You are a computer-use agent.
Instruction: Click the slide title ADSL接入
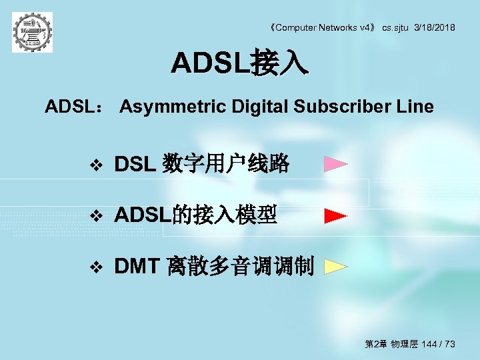[239, 64]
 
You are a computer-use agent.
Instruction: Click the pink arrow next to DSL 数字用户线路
[336, 164]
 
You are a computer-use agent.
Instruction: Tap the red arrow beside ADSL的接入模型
[336, 216]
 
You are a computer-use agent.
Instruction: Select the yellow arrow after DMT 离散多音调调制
[336, 267]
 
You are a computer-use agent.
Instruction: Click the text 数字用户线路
[226, 164]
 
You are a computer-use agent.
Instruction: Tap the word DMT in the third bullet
[136, 267]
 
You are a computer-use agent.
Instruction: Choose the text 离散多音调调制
[240, 267]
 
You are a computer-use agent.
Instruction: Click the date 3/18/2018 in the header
[435, 27]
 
